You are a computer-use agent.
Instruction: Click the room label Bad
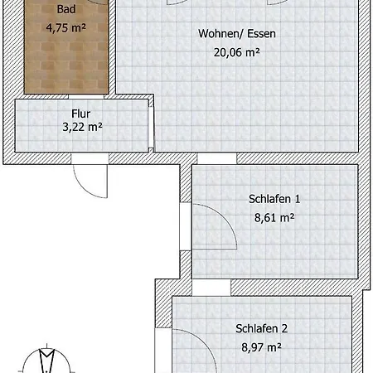coord(66,9)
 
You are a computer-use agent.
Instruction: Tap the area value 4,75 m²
coord(66,27)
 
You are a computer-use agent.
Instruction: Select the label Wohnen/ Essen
coord(237,34)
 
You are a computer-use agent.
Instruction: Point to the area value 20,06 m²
coord(237,52)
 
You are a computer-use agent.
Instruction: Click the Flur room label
coord(81,114)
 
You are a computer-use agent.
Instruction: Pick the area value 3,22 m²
coord(82,127)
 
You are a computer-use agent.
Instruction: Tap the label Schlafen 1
coord(274,199)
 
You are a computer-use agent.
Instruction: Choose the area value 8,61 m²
coord(274,218)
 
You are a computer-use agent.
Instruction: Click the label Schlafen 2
coord(261,328)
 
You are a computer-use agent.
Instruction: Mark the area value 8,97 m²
coord(261,347)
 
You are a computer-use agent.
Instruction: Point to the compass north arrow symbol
coord(46,359)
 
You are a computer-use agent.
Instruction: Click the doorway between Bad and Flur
coord(86,97)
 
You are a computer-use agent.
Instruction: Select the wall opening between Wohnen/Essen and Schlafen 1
coord(217,159)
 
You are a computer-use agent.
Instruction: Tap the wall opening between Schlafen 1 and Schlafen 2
coord(211,288)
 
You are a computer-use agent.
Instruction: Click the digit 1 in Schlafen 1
coord(298,199)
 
